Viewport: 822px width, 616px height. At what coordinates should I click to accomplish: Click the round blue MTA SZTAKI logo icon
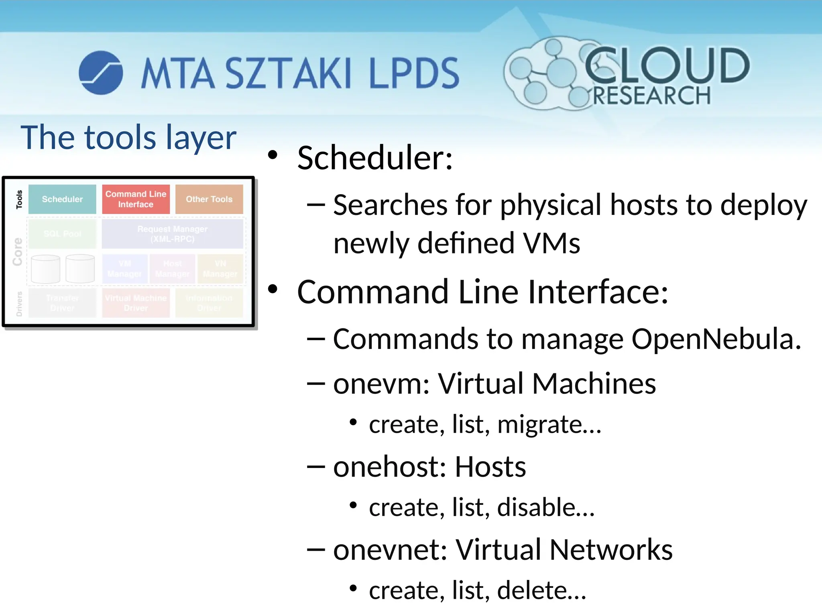(x=101, y=73)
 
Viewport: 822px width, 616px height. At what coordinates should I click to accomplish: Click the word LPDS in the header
(x=414, y=73)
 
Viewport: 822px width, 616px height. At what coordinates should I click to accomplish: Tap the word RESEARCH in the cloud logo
(x=651, y=96)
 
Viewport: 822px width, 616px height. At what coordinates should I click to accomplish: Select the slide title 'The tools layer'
(x=128, y=138)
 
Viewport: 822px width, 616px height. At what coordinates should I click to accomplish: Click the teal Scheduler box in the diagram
(x=62, y=199)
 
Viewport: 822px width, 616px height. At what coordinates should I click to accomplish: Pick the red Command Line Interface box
(x=136, y=199)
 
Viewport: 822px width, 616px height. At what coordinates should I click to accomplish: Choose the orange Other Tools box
(x=209, y=199)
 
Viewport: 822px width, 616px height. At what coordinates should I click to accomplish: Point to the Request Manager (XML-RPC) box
(x=173, y=234)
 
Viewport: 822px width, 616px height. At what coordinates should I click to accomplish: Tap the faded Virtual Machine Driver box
(x=136, y=303)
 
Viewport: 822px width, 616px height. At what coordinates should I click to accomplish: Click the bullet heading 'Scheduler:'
(x=375, y=158)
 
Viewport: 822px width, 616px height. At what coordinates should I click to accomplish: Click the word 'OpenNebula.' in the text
(x=716, y=339)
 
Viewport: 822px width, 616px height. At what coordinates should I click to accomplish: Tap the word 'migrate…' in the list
(x=549, y=424)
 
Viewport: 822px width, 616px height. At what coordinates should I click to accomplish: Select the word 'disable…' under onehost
(x=545, y=507)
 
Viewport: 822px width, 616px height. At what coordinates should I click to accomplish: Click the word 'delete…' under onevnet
(x=541, y=590)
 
